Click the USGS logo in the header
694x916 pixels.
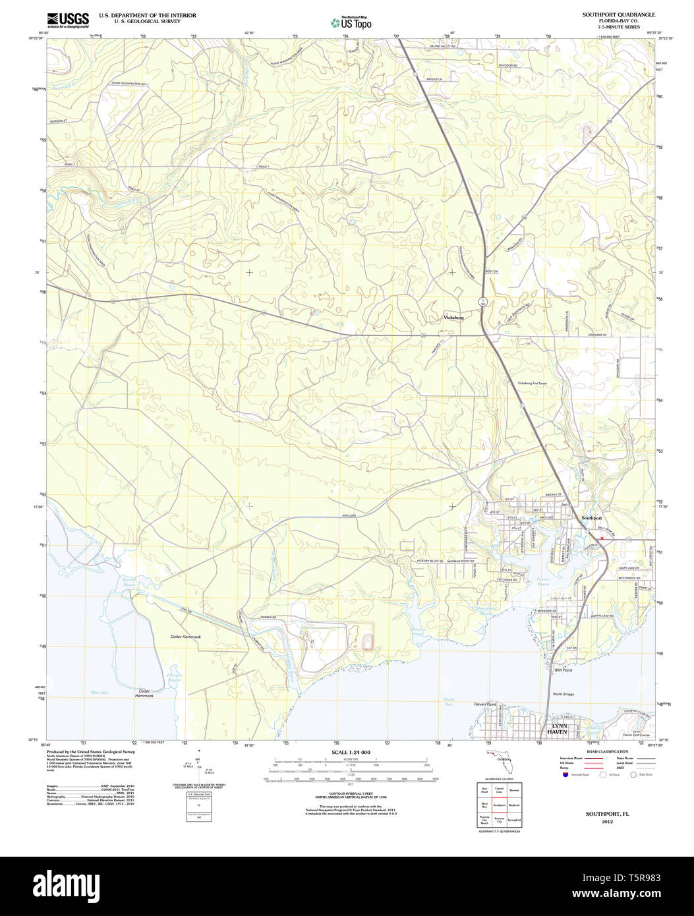[x=68, y=20]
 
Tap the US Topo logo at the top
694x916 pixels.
[x=351, y=23]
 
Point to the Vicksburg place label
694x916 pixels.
[x=453, y=318]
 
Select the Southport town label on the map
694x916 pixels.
[x=591, y=518]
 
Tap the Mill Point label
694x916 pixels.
[x=564, y=670]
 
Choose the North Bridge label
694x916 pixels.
[x=563, y=694]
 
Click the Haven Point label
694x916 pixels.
[x=484, y=704]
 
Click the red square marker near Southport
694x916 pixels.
[x=602, y=538]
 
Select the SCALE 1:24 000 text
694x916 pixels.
[x=351, y=752]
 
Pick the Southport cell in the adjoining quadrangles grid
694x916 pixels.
[x=499, y=805]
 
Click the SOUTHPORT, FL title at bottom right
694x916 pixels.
[x=607, y=814]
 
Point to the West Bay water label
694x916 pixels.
[x=99, y=693]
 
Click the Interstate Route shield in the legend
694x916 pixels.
[x=565, y=776]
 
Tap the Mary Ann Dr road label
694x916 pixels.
[x=629, y=567]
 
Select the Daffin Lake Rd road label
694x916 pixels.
[x=602, y=615]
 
